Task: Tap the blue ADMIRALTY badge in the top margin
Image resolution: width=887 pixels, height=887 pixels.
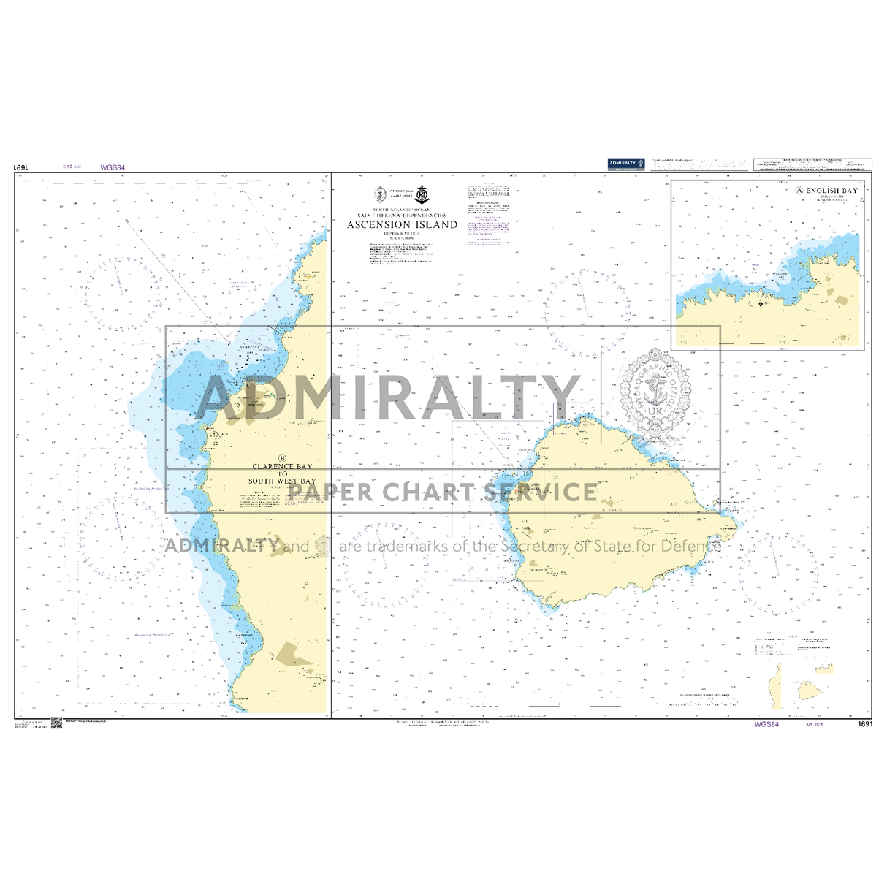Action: pyautogui.click(x=625, y=163)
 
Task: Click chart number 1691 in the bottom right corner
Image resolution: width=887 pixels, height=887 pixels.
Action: pyautogui.click(x=865, y=724)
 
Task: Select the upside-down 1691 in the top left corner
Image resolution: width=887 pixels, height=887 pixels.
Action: pyautogui.click(x=20, y=167)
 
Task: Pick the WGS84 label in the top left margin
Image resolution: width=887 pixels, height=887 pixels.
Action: pyautogui.click(x=113, y=167)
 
